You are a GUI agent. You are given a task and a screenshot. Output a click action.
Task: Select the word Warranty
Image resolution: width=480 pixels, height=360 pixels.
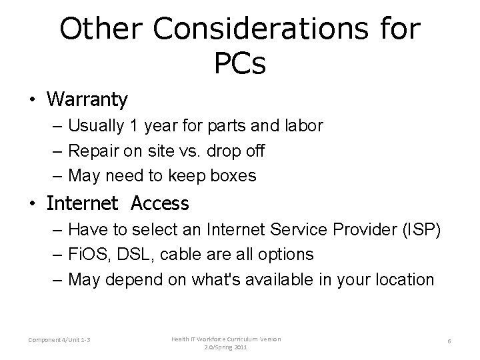pos(87,100)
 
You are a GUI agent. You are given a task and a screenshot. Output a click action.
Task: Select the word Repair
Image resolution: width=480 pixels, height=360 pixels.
pos(92,151)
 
